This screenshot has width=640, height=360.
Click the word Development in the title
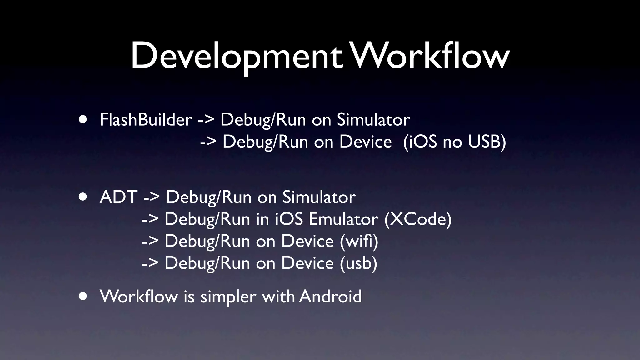click(x=237, y=56)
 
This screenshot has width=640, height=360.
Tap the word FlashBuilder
click(x=146, y=120)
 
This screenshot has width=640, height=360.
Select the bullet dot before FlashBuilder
click(x=83, y=120)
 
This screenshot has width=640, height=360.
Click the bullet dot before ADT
click(x=83, y=197)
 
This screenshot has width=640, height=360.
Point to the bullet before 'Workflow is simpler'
click(x=83, y=296)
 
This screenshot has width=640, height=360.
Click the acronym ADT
click(x=118, y=197)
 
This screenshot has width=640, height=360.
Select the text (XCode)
click(x=418, y=219)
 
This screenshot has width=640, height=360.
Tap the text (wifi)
click(x=359, y=241)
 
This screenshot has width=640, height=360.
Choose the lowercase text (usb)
click(x=358, y=263)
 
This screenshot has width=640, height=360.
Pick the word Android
click(x=330, y=296)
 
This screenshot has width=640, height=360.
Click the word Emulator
click(x=343, y=219)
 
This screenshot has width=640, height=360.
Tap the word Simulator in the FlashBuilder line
click(x=373, y=120)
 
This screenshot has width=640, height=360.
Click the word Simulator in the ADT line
click(x=319, y=197)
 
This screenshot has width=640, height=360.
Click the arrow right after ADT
click(x=152, y=198)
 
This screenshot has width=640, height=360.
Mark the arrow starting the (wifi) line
click(x=150, y=242)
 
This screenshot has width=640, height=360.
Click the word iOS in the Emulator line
click(x=289, y=219)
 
